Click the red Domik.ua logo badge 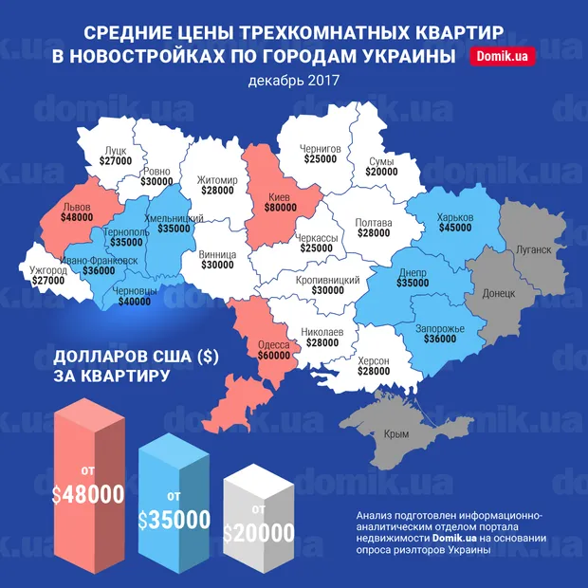pyautogui.click(x=503, y=57)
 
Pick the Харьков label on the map pyautogui.click(x=455, y=217)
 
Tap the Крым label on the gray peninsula pyautogui.click(x=397, y=433)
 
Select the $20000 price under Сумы pyautogui.click(x=382, y=173)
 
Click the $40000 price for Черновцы pyautogui.click(x=134, y=302)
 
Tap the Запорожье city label pyautogui.click(x=439, y=328)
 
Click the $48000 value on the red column pyautogui.click(x=89, y=494)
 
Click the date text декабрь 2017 pyautogui.click(x=293, y=80)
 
